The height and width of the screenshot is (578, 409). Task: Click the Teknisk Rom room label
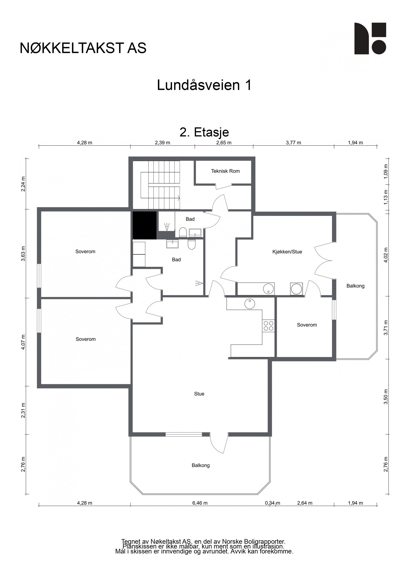coord(225,171)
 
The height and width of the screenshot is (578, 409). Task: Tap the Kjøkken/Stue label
coord(287,252)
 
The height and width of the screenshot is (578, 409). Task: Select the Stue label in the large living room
coord(199,394)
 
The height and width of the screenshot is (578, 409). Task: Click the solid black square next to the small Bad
coord(144,225)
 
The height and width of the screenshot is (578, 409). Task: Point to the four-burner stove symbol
coord(268,326)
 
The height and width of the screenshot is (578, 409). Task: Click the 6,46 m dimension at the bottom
coord(200,503)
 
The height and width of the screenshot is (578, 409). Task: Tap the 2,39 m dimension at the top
coord(162,143)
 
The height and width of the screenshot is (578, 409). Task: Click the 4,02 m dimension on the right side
coord(386,255)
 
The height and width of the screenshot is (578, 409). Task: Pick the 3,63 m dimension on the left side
coord(23,254)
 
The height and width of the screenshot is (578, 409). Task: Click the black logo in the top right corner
coord(370,38)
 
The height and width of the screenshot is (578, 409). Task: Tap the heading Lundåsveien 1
coord(204,85)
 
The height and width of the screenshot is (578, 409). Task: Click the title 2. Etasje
coord(204,132)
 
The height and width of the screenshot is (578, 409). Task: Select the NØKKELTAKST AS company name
coord(83,48)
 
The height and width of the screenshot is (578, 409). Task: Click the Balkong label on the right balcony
coord(355,286)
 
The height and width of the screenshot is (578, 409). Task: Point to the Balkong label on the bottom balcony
coord(200,465)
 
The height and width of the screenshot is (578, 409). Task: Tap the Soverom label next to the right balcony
coord(307,325)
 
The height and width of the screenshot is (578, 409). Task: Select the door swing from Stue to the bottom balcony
coord(219,445)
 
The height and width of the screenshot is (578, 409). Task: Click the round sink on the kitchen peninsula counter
coord(249,304)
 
